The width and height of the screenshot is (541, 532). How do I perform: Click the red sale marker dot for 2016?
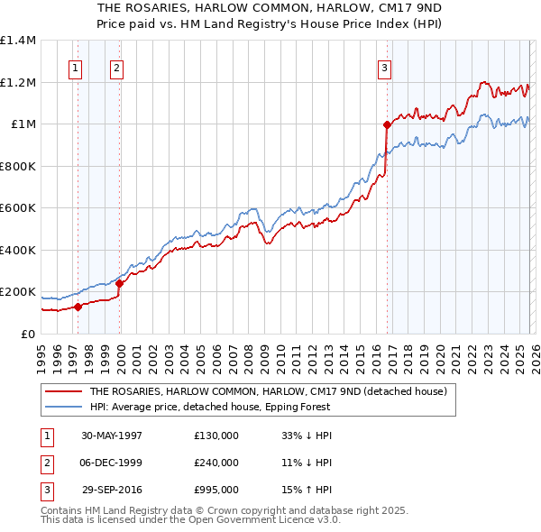(x=387, y=125)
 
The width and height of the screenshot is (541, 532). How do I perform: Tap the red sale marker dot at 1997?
(x=78, y=307)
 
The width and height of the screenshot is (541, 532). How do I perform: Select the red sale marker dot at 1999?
(x=119, y=283)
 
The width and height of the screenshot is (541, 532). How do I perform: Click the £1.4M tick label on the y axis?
(x=18, y=41)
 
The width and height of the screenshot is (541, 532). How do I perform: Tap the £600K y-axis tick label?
(x=18, y=208)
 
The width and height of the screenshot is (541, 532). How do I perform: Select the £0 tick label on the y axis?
(x=27, y=335)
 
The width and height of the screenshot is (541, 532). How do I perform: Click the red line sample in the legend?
(x=64, y=391)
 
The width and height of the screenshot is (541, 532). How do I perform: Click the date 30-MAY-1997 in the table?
(x=112, y=436)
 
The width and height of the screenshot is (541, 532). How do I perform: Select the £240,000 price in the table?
(x=216, y=463)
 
